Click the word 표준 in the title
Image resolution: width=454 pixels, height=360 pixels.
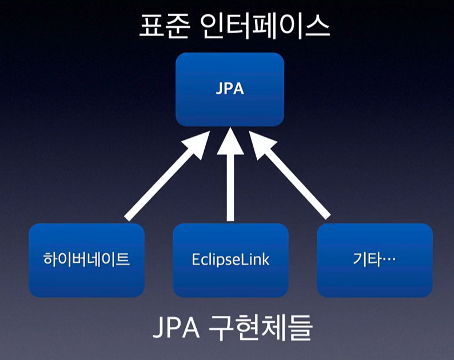tap(165, 26)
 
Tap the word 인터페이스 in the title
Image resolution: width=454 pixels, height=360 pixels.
tap(265, 26)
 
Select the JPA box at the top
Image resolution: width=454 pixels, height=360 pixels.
tap(230, 89)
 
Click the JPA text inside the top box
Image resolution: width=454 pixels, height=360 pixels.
tap(230, 88)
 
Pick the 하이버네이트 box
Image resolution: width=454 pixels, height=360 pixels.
tap(86, 260)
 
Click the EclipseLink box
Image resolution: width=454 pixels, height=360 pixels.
tap(230, 260)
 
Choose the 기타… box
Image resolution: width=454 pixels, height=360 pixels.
tap(375, 260)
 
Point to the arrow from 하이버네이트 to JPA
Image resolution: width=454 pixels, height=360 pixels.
tap(167, 176)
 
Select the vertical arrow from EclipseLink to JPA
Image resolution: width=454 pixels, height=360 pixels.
tap(230, 174)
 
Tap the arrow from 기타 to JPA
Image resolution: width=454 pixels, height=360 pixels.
tap(289, 175)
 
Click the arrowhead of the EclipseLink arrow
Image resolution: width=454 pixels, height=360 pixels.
tap(230, 141)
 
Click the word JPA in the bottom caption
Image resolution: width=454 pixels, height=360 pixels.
tap(176, 327)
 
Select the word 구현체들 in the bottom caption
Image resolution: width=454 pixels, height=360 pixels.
tap(260, 327)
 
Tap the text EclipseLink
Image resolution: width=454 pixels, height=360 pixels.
tap(230, 259)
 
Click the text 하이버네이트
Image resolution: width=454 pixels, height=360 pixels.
tap(86, 259)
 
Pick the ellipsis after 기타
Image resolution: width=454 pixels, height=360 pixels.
tap(389, 259)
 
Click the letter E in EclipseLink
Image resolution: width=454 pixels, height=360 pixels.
tap(196, 260)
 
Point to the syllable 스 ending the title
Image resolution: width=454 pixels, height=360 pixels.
tap(317, 26)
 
